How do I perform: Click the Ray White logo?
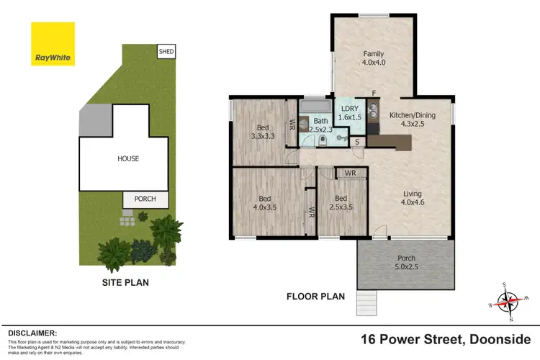53,44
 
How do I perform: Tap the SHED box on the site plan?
166,51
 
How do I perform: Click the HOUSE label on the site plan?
130,158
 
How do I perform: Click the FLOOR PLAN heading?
315,296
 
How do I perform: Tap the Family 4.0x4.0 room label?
373,58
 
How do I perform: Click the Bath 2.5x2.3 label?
320,125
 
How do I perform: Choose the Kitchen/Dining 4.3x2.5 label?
413,120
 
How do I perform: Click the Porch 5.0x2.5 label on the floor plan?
406,262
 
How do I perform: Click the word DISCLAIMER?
32,333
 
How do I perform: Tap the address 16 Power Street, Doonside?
446,338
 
